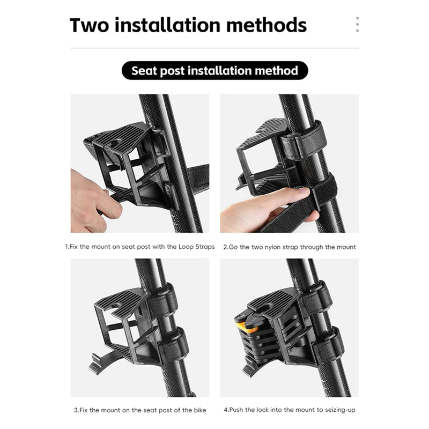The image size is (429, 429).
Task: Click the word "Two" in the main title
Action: (89, 25)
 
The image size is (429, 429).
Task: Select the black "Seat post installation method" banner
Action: (215, 71)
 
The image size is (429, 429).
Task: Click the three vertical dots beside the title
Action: (357, 24)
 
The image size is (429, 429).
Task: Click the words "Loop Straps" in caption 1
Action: (196, 247)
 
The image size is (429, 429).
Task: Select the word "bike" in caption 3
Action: (200, 410)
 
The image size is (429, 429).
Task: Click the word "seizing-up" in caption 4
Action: (340, 410)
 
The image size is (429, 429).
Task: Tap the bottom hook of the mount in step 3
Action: (97, 364)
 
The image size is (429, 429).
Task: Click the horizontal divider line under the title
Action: (214, 48)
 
